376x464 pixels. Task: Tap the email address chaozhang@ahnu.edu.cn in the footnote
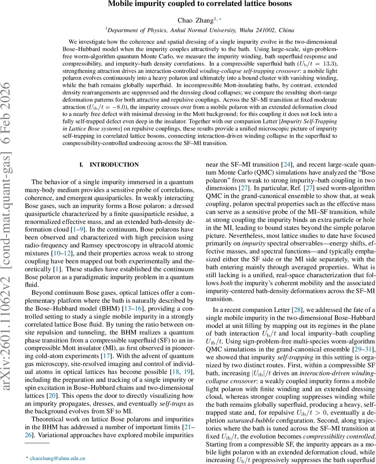pos(58,458)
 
